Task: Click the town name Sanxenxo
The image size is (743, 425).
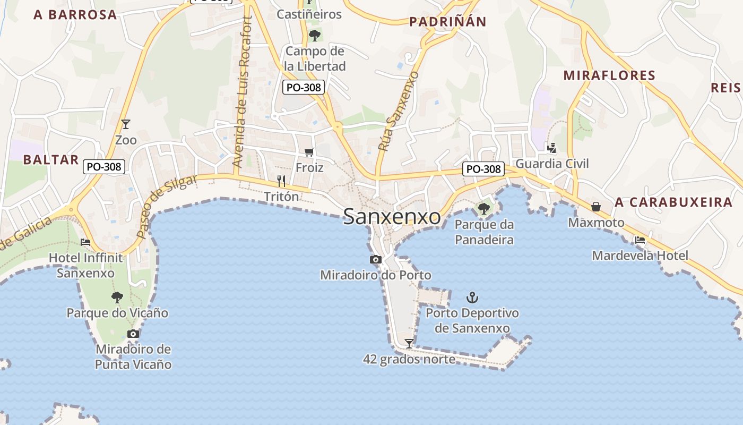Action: click(392, 217)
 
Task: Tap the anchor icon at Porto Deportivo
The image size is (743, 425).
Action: click(472, 297)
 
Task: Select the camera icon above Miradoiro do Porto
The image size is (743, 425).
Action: click(376, 259)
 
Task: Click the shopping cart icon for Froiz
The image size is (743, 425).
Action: click(309, 152)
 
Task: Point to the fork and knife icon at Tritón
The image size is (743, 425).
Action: click(281, 181)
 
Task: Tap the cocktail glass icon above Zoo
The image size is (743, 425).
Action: click(126, 124)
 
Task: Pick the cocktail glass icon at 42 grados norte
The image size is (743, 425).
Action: click(409, 343)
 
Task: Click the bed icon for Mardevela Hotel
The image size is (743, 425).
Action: click(640, 240)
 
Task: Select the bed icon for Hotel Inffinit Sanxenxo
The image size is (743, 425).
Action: click(85, 242)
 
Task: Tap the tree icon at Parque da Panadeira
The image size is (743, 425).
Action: click(483, 208)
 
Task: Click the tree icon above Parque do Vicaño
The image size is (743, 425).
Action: click(117, 297)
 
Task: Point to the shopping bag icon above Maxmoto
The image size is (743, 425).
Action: click(596, 206)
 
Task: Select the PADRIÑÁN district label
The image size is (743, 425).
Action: click(448, 22)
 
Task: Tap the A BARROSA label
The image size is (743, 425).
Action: click(75, 15)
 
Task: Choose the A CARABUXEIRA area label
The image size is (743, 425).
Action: click(673, 202)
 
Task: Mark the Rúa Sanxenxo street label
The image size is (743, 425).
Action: click(398, 111)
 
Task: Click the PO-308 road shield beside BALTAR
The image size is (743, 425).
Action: click(104, 167)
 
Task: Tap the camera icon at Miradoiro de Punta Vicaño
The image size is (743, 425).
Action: click(133, 334)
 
